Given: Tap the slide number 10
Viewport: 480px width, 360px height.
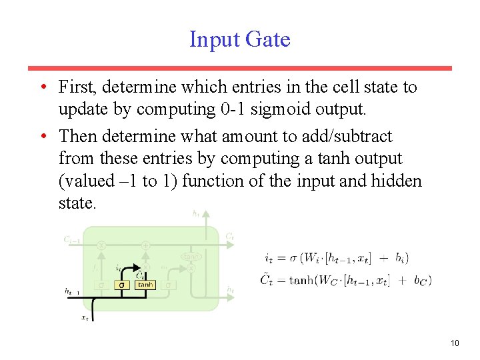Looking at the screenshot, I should click(455, 343).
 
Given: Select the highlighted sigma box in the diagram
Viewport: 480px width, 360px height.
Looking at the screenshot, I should click(121, 285).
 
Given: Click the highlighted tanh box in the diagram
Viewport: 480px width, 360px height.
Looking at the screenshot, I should click(145, 285).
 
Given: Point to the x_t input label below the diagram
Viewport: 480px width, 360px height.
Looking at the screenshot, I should click(85, 318).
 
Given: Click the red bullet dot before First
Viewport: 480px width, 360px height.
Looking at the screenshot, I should click(42, 87).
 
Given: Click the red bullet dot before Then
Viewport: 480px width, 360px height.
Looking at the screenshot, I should click(42, 137).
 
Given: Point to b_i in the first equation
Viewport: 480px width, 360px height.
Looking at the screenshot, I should click(400, 258).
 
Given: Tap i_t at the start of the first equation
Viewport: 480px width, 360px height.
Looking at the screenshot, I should click(269, 258).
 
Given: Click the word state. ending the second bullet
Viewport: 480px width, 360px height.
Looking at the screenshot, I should click(77, 203).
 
